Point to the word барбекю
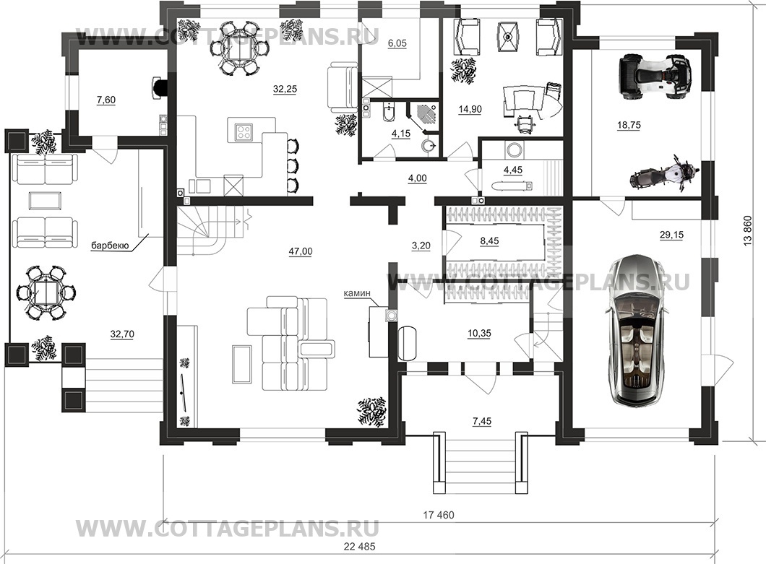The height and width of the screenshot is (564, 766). coord(110,246)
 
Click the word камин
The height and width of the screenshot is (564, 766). coord(358,294)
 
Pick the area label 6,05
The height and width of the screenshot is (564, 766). coord(397,43)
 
